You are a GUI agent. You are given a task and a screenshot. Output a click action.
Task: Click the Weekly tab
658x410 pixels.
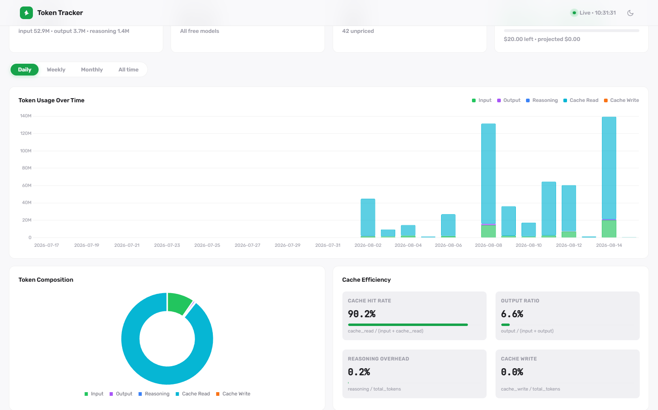tap(56, 69)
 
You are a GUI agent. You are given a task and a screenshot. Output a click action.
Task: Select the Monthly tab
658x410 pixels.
tap(92, 69)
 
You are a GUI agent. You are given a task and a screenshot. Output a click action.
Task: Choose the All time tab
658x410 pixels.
tap(128, 69)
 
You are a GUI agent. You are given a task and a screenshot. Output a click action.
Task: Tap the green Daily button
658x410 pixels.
tap(25, 69)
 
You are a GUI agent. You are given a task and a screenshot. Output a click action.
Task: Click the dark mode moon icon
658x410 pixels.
tap(630, 13)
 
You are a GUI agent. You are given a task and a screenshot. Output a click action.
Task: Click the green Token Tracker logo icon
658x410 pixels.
tap(26, 13)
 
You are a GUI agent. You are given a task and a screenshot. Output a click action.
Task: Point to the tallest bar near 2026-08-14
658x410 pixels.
tap(609, 177)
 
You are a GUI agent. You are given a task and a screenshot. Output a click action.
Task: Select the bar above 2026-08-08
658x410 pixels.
tap(489, 181)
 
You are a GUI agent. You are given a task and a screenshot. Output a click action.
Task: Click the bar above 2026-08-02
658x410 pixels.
tap(368, 218)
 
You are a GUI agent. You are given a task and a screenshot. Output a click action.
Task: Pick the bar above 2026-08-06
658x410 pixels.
tap(448, 226)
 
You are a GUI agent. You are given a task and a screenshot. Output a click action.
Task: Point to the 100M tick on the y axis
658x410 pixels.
tap(26, 151)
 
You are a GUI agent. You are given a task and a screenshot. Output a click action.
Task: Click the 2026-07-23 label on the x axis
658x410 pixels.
tap(167, 245)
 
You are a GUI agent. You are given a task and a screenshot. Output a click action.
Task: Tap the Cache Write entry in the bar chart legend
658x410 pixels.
tap(621, 100)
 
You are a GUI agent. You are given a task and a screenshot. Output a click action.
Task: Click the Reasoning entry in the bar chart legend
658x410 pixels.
tap(542, 100)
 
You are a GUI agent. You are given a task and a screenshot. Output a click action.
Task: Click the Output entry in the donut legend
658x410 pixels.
tap(121, 394)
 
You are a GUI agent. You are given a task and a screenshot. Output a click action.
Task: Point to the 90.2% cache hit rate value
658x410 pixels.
tap(361, 314)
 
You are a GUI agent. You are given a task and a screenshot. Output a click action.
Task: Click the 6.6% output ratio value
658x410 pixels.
tap(512, 314)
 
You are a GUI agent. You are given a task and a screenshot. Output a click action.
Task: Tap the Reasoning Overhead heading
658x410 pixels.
tap(379, 359)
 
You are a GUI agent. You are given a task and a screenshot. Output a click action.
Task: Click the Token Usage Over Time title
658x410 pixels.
tap(52, 100)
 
